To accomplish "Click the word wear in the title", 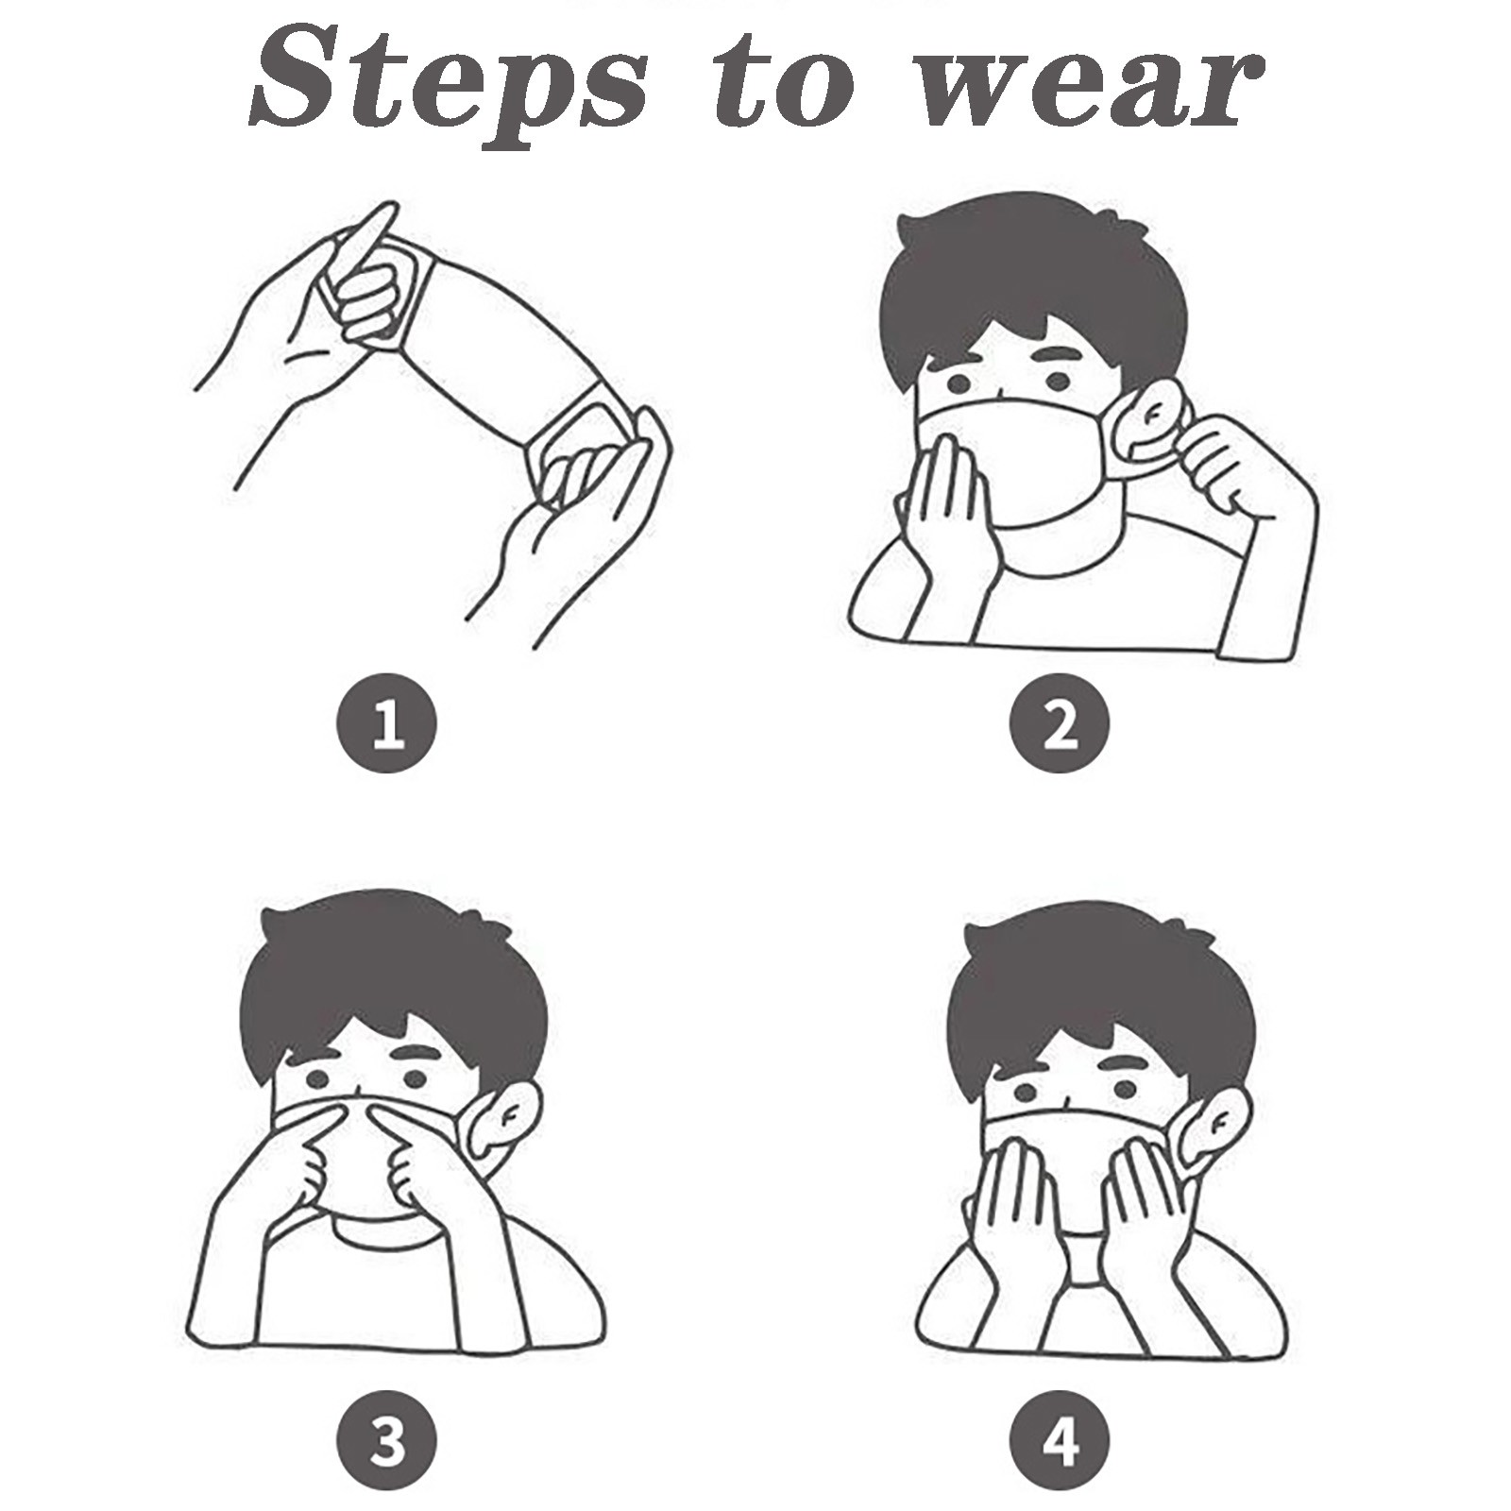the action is (1095, 91).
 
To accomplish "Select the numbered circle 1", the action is (387, 725).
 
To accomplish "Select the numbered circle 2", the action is (1060, 725).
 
